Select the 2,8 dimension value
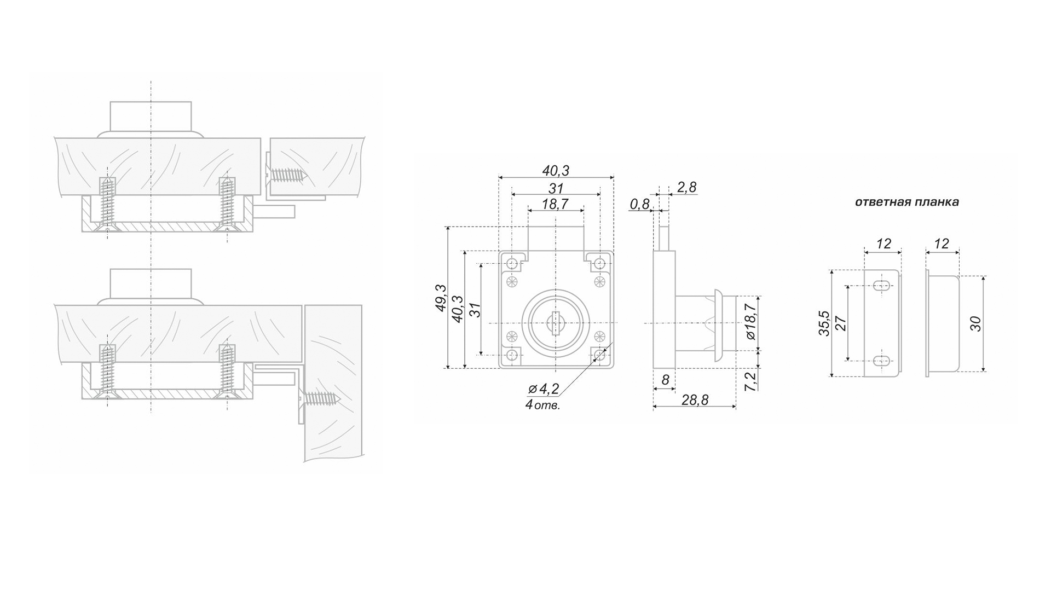(686, 188)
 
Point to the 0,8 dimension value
(639, 205)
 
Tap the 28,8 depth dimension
(695, 400)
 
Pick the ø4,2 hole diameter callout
(544, 389)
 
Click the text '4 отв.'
(542, 405)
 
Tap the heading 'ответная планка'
(907, 202)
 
